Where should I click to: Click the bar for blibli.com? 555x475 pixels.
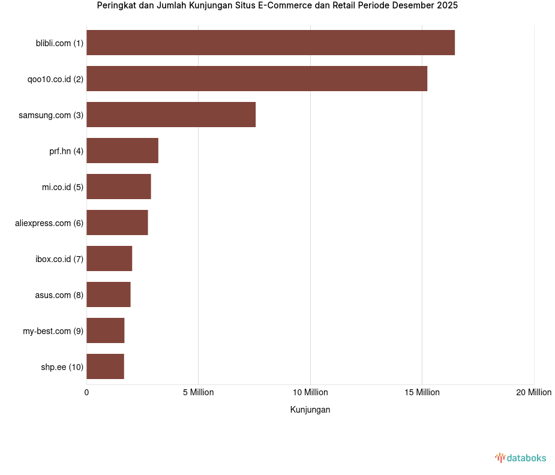tap(270, 43)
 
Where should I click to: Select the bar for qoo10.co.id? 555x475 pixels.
tap(257, 79)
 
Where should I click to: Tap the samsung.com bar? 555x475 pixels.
tap(171, 115)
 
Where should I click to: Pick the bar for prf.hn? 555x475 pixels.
tap(122, 151)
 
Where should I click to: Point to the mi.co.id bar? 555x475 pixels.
tap(119, 187)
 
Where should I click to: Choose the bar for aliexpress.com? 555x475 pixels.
tap(117, 223)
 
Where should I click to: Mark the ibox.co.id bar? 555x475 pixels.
tap(109, 258)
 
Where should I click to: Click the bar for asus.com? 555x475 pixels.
tap(109, 294)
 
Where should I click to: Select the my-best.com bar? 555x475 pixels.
tap(106, 330)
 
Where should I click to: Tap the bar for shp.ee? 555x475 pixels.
tap(105, 366)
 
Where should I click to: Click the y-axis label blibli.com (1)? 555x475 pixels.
tap(59, 43)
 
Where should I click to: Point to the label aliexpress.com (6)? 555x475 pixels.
tap(49, 223)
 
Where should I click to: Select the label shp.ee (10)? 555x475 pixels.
tap(62, 367)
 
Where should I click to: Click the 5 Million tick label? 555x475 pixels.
tap(199, 392)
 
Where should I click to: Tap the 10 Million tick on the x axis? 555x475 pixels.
tap(310, 392)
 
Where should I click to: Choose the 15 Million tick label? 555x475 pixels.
tap(422, 392)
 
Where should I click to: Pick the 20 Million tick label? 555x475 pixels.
tap(533, 392)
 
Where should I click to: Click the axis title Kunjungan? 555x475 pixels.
tap(310, 410)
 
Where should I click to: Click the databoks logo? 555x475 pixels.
tap(520, 458)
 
